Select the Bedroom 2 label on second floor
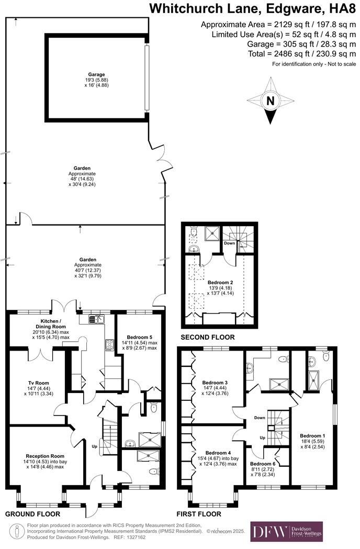pyautogui.click(x=220, y=283)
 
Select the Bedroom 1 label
pyautogui.click(x=312, y=435)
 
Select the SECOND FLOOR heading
pyautogui.click(x=207, y=337)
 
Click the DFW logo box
pyautogui.click(x=286, y=531)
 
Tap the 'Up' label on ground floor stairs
pyautogui.click(x=94, y=446)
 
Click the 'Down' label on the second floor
pyautogui.click(x=229, y=243)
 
